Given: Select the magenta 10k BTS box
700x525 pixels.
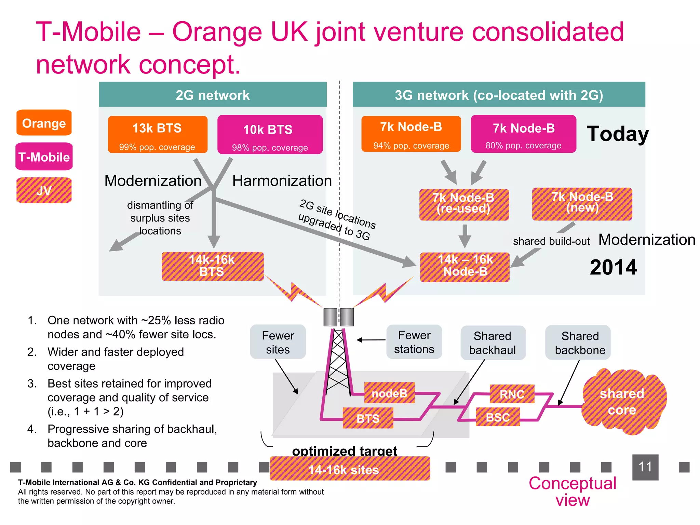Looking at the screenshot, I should click(x=270, y=135).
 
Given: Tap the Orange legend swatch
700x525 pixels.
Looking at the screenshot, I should click(x=44, y=123).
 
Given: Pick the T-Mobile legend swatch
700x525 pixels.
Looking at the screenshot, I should click(x=44, y=157).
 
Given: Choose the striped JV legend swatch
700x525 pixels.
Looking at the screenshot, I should click(x=44, y=190).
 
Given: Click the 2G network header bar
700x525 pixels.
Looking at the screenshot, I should click(x=213, y=95).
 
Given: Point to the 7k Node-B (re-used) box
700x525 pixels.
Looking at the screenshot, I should click(x=464, y=204).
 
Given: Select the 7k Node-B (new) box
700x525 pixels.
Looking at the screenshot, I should click(x=582, y=204).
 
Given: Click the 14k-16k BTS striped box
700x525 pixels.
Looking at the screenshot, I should click(x=212, y=266).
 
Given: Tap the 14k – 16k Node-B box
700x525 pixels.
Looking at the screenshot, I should click(x=465, y=267).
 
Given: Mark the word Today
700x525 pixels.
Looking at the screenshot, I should click(x=618, y=134).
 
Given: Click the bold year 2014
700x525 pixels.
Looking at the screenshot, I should click(x=613, y=267).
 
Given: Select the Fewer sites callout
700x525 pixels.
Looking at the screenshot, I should click(x=278, y=342).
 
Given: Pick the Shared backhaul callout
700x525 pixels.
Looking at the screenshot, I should click(x=493, y=342).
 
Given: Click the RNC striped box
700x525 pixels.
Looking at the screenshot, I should click(x=512, y=394).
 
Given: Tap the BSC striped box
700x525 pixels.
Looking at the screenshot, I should click(x=498, y=417).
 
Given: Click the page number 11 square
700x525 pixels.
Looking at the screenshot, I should click(x=645, y=467).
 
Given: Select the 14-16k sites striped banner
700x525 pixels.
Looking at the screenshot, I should click(x=350, y=469).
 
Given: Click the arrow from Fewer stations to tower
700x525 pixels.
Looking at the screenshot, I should click(x=371, y=340).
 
